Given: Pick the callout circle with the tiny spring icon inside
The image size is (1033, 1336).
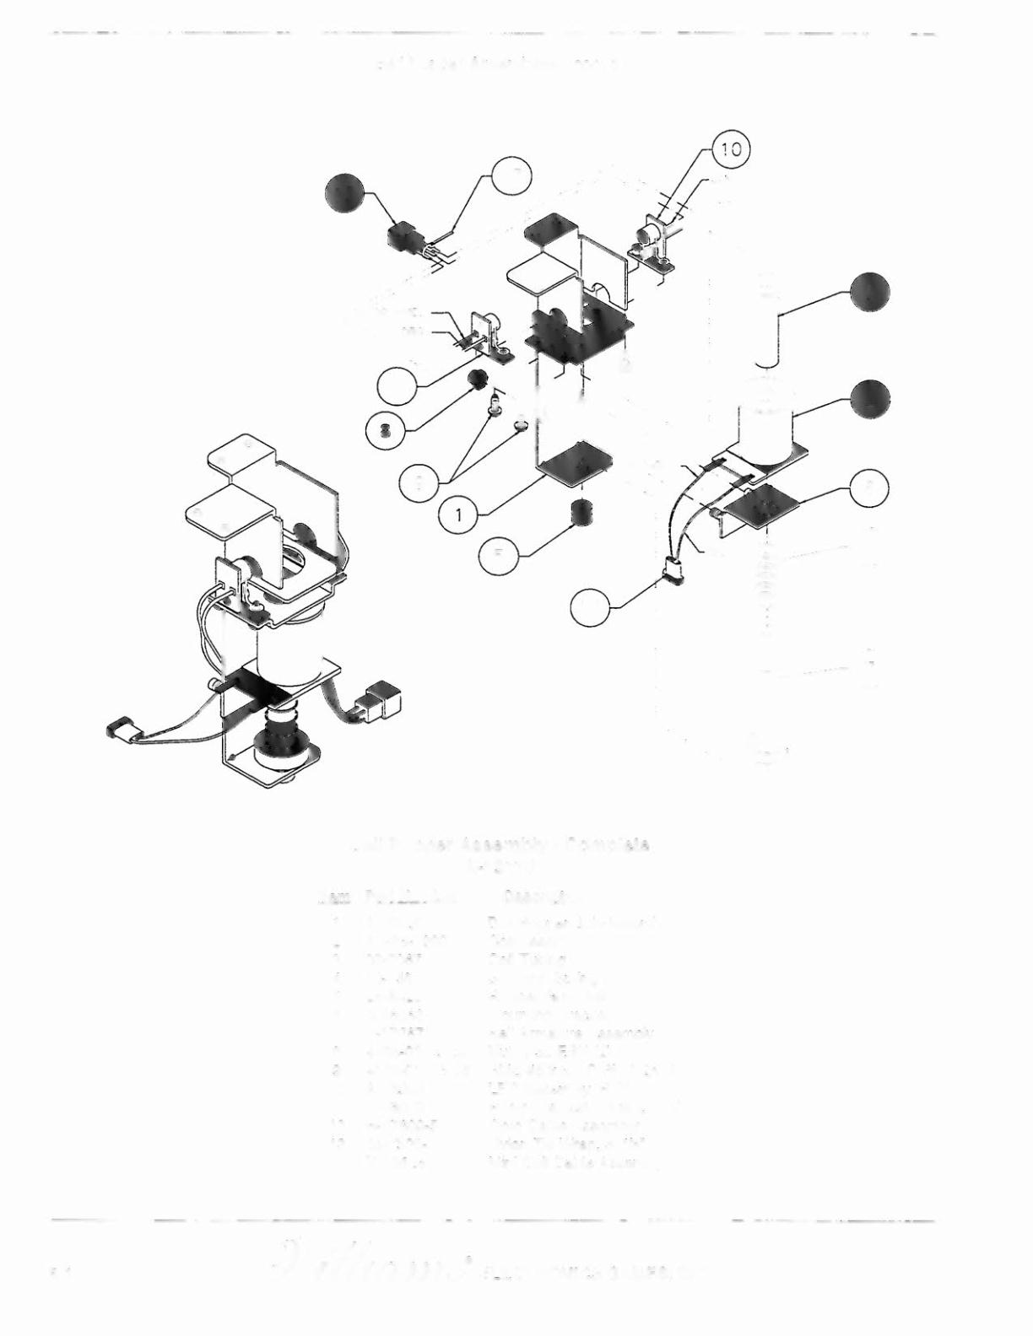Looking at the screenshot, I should tap(385, 429).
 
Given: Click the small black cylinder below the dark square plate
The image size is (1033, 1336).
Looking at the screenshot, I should tap(581, 512).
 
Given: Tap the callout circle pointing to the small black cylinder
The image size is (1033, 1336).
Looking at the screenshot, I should tap(499, 554).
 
